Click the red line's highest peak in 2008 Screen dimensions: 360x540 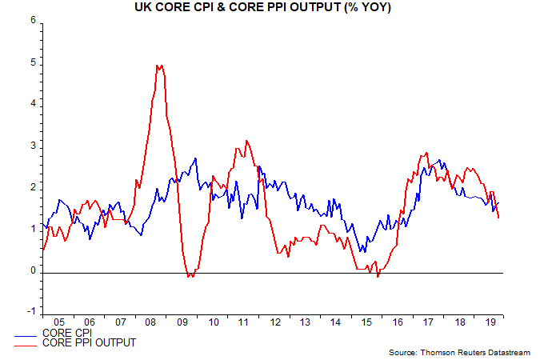point(159,66)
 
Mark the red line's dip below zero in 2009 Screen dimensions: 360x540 point(190,276)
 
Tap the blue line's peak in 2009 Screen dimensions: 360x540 point(196,158)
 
